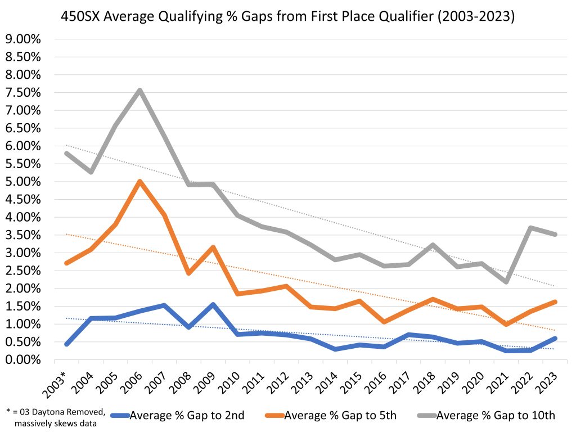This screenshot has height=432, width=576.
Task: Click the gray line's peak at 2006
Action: (x=139, y=90)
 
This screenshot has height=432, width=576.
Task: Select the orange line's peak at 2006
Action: (x=139, y=182)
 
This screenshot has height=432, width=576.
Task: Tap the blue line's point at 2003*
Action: (x=67, y=344)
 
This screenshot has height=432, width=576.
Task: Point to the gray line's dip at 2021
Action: (x=507, y=281)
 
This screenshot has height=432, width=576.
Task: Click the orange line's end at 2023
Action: (x=555, y=302)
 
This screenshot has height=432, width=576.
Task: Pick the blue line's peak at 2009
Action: (x=213, y=305)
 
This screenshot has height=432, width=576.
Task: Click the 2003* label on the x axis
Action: (x=61, y=382)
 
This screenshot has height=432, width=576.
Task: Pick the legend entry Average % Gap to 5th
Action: (x=340, y=416)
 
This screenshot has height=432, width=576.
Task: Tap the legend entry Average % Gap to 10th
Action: (x=496, y=416)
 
